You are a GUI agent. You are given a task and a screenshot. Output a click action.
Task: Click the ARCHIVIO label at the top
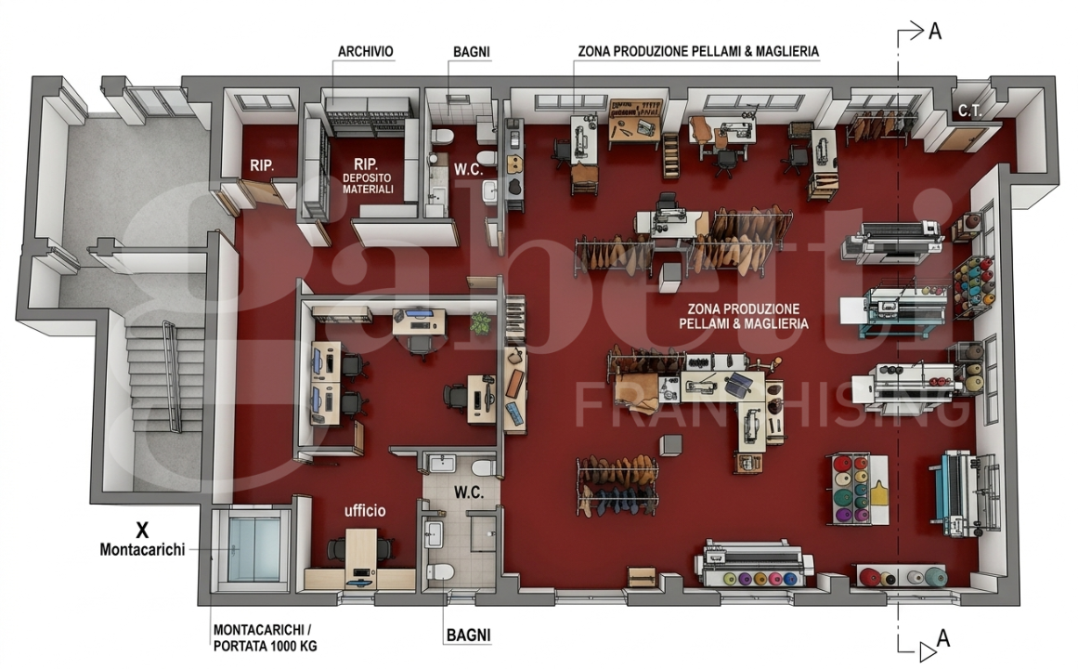pos(365,52)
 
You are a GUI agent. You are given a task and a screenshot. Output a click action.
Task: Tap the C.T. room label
pos(969,111)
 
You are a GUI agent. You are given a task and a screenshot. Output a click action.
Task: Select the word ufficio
pos(364,510)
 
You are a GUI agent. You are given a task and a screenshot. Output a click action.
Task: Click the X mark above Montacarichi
pos(142,530)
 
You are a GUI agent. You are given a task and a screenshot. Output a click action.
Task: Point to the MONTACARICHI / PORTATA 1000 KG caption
pos(265,637)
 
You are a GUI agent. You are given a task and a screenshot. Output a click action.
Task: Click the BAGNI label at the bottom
pos(468,635)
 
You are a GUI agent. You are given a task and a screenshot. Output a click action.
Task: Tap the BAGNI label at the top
pos(471,52)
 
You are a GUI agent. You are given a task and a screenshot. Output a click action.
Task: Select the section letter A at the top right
pos(934,31)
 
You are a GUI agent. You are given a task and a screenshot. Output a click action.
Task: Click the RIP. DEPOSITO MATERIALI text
pos(367,176)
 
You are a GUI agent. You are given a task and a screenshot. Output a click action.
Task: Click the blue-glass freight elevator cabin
pos(253,548)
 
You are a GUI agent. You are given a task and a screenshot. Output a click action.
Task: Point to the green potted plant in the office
pos(481,323)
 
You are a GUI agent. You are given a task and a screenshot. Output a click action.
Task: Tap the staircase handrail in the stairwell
pos(172,375)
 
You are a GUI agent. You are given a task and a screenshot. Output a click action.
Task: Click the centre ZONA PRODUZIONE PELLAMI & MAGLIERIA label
pos(743,317)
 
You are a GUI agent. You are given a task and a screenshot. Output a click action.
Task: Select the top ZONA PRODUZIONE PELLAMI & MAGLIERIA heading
pos(698,52)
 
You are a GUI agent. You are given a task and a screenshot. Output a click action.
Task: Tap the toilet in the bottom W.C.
pos(441,571)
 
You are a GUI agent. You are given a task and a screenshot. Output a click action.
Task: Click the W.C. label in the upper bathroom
pos(468,169)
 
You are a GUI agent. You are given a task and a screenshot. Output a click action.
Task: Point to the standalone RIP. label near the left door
pos(262,165)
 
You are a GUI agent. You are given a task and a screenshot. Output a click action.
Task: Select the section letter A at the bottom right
pos(942,638)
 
